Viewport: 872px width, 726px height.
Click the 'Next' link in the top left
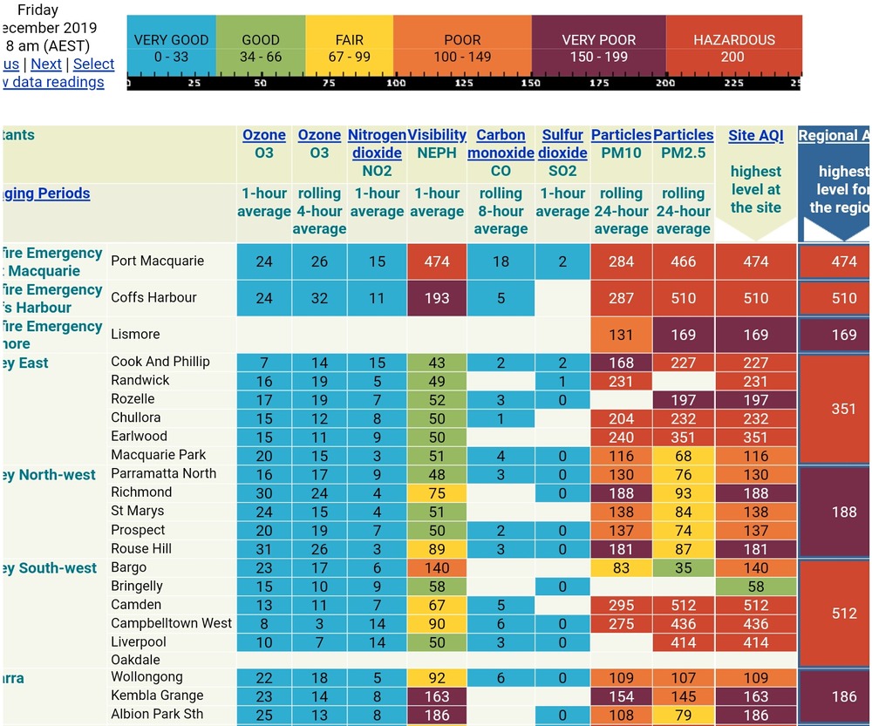tap(46, 64)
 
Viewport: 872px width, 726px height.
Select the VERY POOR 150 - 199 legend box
tap(598, 48)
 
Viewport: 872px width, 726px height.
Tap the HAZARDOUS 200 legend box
tap(733, 48)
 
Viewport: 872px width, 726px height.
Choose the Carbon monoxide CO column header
tap(501, 144)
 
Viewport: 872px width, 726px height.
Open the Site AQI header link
tap(756, 135)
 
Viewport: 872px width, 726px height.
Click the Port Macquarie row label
tap(157, 261)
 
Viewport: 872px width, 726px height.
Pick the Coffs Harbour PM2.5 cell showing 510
tap(683, 298)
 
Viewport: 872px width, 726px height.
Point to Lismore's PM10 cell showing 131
tap(621, 335)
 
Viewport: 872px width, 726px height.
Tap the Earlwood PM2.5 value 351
tap(683, 438)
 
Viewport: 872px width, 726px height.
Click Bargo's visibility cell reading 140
tap(437, 568)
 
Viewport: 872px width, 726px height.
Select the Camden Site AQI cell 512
tap(756, 605)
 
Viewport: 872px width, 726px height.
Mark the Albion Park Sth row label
tap(157, 715)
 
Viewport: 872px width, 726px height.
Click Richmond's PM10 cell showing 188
tap(621, 493)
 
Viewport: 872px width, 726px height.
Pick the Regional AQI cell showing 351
tap(843, 409)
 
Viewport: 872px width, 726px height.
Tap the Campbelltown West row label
tap(171, 623)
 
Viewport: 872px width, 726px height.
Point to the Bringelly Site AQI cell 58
tap(756, 587)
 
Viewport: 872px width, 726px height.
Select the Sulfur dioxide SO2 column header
tap(562, 144)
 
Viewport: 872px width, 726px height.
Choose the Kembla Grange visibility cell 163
tap(437, 696)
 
